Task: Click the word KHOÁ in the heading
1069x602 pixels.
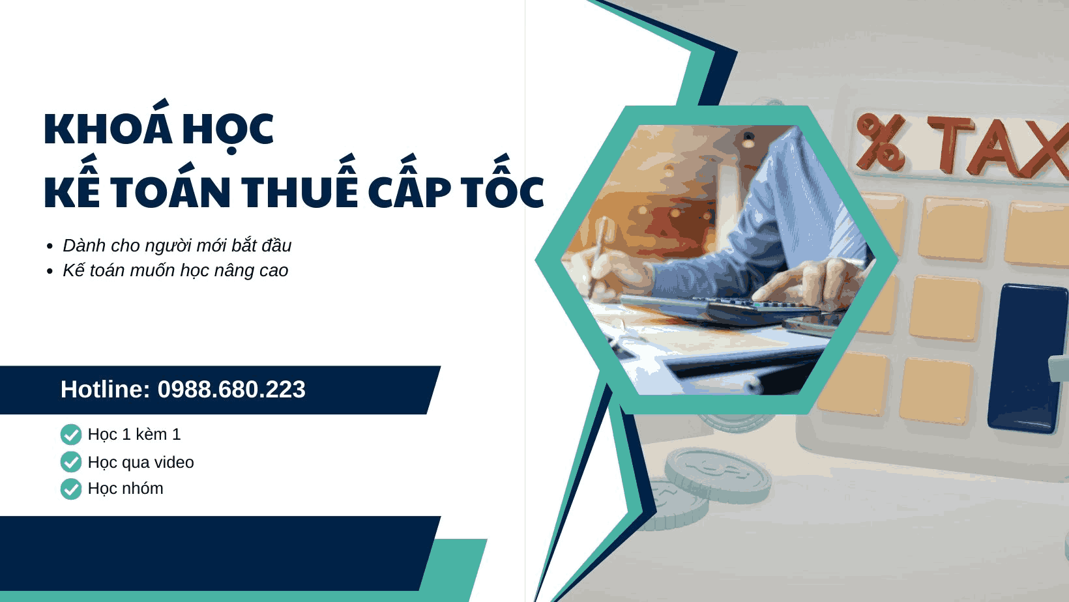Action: click(108, 128)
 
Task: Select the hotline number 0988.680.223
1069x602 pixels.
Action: click(231, 390)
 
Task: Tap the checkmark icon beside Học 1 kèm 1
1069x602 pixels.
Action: click(71, 435)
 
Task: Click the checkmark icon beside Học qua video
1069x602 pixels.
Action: click(71, 462)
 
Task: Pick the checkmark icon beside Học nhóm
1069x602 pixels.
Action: click(71, 489)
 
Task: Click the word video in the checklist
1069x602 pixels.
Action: click(174, 462)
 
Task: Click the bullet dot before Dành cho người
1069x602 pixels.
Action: click(50, 247)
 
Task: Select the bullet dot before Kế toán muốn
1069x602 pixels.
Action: click(50, 272)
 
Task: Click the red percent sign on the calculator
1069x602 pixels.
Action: click(881, 141)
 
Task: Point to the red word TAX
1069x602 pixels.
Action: click(997, 147)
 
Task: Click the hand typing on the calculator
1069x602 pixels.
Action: click(815, 280)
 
